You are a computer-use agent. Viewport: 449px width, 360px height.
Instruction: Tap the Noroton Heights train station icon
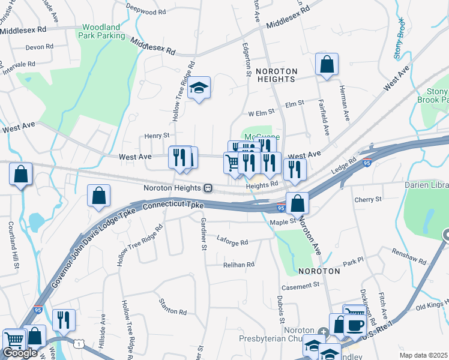pyautogui.click(x=208, y=188)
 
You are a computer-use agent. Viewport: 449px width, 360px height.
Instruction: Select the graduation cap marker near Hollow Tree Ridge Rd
pyautogui.click(x=199, y=89)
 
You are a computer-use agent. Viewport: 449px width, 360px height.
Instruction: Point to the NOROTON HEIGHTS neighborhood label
pyautogui.click(x=276, y=74)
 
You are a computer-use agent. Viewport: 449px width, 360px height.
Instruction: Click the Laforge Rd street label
pyautogui.click(x=232, y=242)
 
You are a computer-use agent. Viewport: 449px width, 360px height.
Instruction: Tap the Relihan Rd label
pyautogui.click(x=239, y=264)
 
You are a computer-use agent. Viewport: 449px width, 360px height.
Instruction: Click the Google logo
pyautogui.click(x=20, y=353)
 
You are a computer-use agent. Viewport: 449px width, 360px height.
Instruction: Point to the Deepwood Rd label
pyautogui.click(x=146, y=11)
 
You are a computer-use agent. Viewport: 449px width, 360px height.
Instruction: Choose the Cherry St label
pyautogui.click(x=368, y=199)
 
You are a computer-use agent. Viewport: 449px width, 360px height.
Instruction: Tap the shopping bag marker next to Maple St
pyautogui.click(x=298, y=204)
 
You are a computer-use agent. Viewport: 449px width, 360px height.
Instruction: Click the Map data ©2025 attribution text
pyautogui.click(x=423, y=355)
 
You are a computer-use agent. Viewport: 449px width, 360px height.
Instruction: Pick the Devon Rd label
pyautogui.click(x=40, y=46)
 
